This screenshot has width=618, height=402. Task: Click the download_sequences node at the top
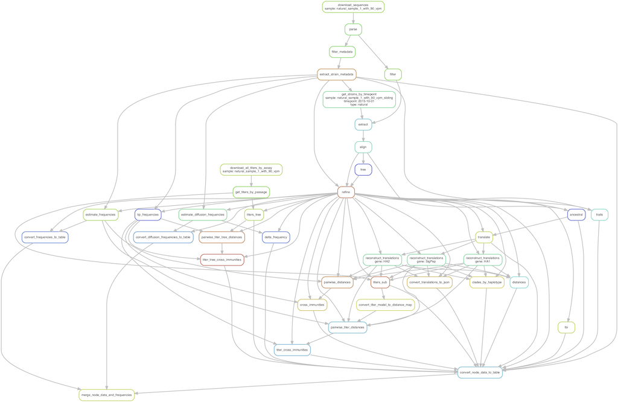click(353, 7)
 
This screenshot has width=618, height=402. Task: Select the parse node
click(353, 29)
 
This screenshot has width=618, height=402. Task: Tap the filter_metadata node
click(342, 52)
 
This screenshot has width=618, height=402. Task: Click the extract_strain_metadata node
click(336, 74)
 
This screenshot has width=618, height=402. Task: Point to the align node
click(363, 147)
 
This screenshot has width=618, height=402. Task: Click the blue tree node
click(363, 170)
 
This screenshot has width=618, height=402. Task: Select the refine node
click(346, 192)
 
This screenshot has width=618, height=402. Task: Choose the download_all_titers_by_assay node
click(251, 169)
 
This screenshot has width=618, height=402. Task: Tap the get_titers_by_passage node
click(251, 192)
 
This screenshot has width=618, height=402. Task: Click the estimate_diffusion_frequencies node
click(203, 214)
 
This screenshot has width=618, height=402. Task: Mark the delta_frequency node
click(276, 237)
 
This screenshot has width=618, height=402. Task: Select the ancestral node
click(576, 214)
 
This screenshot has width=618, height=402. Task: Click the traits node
click(599, 214)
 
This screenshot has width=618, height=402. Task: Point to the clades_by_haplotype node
click(486, 282)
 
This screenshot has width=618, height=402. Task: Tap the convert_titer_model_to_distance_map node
click(385, 305)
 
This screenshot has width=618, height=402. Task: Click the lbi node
click(566, 327)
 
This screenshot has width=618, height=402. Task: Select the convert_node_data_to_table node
click(480, 372)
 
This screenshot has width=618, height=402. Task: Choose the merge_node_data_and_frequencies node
click(106, 395)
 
